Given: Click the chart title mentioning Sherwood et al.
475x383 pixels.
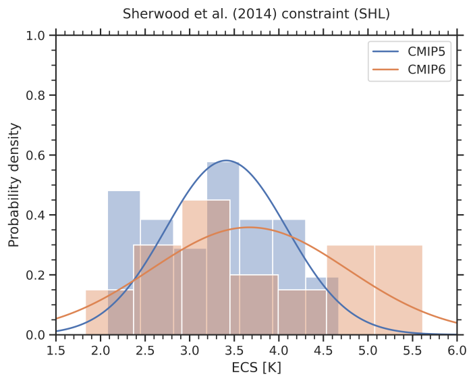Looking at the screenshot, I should tap(256, 14).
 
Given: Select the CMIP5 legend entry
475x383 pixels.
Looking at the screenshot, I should tap(412, 52).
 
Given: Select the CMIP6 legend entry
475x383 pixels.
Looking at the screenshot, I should tap(412, 69).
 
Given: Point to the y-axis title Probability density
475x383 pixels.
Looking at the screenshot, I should tap(13, 185).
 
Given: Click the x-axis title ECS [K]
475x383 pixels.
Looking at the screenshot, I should tap(256, 368).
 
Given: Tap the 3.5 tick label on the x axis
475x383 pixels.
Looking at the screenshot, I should tap(234, 350).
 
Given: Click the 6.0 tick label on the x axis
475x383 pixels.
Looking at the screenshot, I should tap(457, 350).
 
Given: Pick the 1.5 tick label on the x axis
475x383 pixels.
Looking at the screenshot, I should tap(56, 350).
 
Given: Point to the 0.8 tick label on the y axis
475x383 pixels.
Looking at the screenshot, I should tap(36, 96).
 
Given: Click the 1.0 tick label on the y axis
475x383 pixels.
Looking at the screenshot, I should tap(36, 36).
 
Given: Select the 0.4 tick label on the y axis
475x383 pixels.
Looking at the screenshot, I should tap(36, 215).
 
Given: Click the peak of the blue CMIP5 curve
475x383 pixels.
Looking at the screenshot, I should tap(226, 161).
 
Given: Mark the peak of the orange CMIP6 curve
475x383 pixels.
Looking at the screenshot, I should tap(250, 228).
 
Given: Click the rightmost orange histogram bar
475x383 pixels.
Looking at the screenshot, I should tap(398, 290).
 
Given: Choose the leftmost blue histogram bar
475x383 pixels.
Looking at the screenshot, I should tap(123, 263).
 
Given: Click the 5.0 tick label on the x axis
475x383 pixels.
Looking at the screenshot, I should tap(368, 350).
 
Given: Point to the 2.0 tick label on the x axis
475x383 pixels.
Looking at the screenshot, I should tap(101, 350).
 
